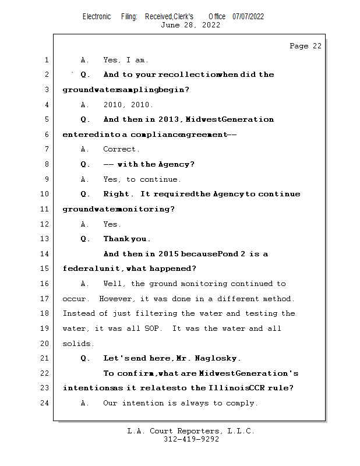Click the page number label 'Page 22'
(305, 46)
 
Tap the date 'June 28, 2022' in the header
(190, 25)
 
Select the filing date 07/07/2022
(248, 16)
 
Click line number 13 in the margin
(45, 239)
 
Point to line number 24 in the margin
(45, 403)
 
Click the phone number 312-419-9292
(191, 439)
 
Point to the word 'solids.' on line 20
(78, 344)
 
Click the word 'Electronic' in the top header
(97, 16)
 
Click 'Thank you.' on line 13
(127, 239)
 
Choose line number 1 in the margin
(45, 60)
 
